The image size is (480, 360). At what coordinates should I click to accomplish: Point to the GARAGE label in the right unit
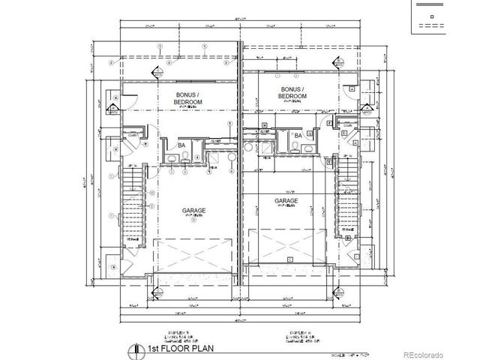(x=286, y=201)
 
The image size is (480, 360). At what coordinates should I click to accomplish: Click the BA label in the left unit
(x=181, y=145)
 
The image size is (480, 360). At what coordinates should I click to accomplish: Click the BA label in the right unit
(x=297, y=136)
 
